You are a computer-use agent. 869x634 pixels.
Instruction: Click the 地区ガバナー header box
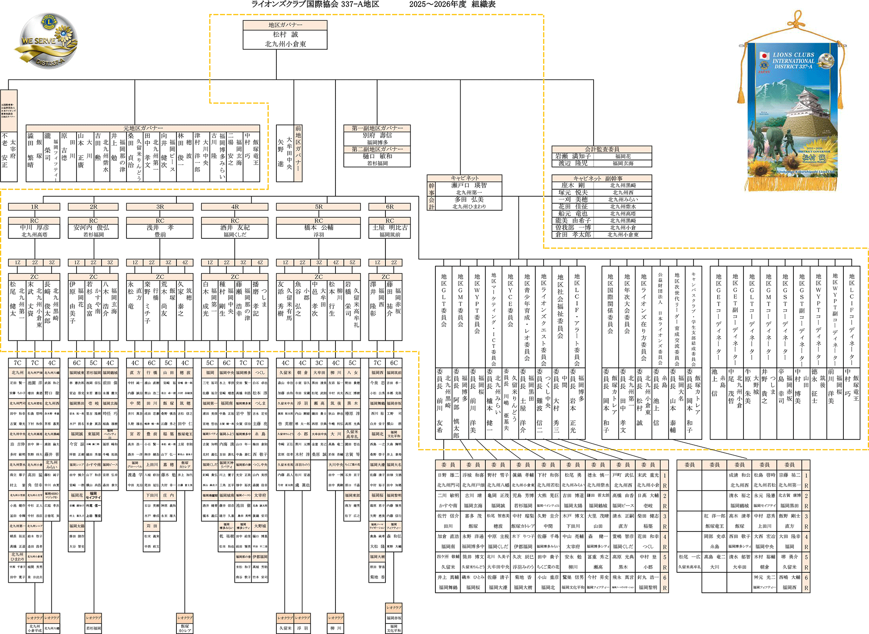pos(285,25)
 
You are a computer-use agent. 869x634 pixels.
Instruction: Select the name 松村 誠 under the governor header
pos(285,34)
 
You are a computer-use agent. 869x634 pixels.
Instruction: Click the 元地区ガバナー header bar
pos(143,128)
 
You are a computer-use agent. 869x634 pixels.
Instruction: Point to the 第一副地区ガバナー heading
pos(377,128)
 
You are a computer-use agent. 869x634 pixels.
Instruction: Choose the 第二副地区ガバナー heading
pos(377,149)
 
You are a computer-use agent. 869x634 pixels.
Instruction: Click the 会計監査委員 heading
pos(602,149)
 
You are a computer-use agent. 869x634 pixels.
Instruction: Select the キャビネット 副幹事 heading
pos(602,178)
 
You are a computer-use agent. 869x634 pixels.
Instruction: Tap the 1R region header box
pos(34,207)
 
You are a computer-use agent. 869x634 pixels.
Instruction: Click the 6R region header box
pos(390,207)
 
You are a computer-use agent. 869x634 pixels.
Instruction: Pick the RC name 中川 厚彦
pos(34,228)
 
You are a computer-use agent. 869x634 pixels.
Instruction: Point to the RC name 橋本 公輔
pos(318,228)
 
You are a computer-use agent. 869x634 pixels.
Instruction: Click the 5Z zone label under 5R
pos(352,262)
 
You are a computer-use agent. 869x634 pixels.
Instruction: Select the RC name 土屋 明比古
pos(390,228)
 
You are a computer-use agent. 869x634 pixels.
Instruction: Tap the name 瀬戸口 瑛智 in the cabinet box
pos(469,185)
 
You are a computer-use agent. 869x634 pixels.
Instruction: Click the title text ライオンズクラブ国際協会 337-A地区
pos(315,4)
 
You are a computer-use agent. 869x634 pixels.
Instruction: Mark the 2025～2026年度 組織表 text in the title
pos(452,4)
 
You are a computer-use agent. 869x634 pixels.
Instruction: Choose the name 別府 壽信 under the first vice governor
pos(377,135)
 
